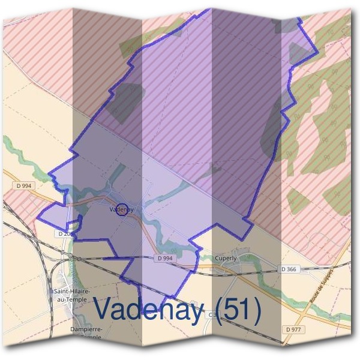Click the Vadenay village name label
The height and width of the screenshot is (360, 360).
coord(121,209)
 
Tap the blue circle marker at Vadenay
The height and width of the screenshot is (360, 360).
coord(122,210)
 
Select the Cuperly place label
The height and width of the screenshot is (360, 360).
coord(226,257)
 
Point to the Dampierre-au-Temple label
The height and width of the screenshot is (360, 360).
coord(86,334)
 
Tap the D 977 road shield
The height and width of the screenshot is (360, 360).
coord(294,329)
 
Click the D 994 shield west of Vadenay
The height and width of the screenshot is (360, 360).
coord(24,186)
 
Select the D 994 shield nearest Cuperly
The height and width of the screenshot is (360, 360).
coord(164,258)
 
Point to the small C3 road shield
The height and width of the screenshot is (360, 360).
coord(212,314)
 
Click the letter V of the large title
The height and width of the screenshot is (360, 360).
coord(104,310)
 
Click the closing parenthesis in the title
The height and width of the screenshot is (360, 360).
coord(257,310)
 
